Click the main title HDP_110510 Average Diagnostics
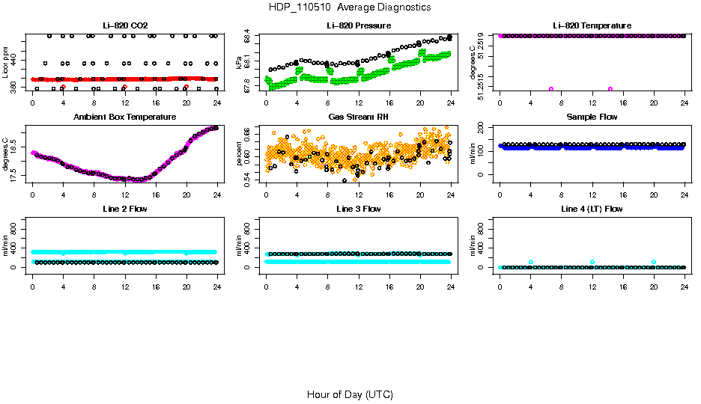click(350, 7)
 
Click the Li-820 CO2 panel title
click(124, 26)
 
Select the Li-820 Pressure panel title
click(358, 26)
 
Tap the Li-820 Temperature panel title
click(592, 26)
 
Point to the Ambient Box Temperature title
click(124, 117)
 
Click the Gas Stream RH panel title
click(358, 117)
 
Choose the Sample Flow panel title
click(592, 117)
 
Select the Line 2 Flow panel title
click(124, 209)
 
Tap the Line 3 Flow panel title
click(358, 209)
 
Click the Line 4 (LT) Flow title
click(592, 209)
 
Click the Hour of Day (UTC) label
click(350, 394)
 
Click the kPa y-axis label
click(239, 64)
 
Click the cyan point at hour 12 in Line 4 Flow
click(592, 262)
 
